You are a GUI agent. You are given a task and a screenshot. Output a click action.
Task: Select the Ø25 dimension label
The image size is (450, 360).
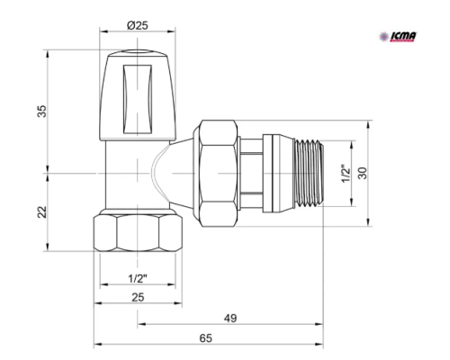coord(138,25)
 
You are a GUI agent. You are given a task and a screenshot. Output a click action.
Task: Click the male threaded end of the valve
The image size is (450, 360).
coord(296,173)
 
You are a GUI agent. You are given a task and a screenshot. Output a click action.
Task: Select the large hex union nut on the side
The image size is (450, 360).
coord(217,172)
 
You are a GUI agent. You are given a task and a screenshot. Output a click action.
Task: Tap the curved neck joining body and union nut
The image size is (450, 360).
coord(166,172)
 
